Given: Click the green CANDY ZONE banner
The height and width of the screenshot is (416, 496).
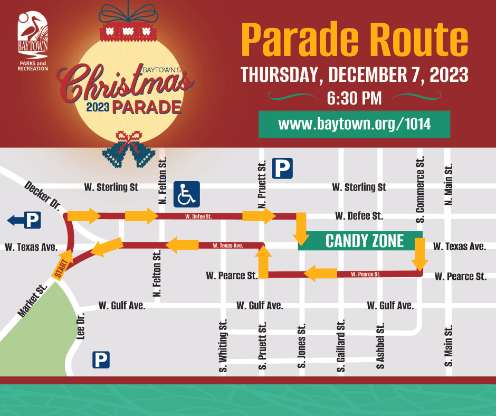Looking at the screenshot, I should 364,241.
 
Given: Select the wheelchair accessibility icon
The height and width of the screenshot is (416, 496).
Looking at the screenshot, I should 186,194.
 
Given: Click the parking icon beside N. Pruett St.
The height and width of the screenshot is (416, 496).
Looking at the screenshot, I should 282,169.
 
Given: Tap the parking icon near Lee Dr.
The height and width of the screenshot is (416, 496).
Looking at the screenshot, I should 101,360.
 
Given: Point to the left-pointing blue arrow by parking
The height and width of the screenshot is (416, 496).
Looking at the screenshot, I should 15,220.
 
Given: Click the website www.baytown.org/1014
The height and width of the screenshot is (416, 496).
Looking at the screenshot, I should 354,124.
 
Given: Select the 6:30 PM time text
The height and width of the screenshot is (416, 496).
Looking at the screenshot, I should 354,98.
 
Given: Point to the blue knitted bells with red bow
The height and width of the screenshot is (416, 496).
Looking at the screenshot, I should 129,150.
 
